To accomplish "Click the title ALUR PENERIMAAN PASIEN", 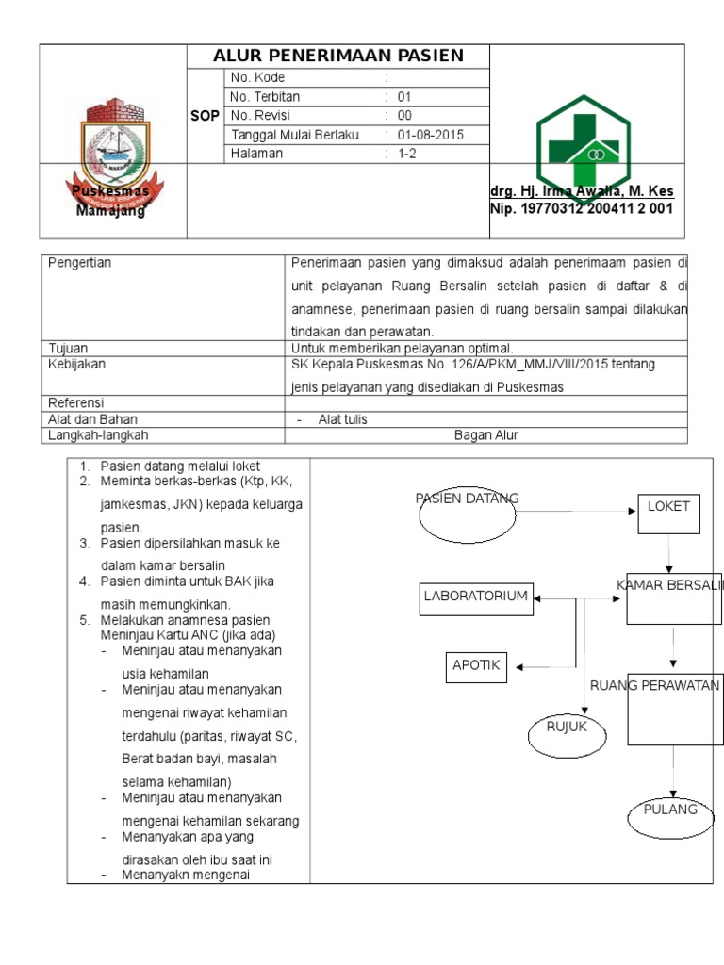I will click(x=339, y=56).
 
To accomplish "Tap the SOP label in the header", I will click(x=206, y=115).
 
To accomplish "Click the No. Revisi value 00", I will click(x=404, y=115).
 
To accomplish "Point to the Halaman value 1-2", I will click(x=407, y=154).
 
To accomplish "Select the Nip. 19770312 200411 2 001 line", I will click(x=582, y=209).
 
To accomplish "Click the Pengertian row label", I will click(x=79, y=263).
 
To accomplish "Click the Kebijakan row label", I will click(x=76, y=363).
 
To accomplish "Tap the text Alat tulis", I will click(x=342, y=419).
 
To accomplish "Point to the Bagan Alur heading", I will click(x=485, y=434).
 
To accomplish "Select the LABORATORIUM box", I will click(x=476, y=597).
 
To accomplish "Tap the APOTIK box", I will click(x=476, y=666).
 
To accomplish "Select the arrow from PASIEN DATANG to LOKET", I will click(x=575, y=512).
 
